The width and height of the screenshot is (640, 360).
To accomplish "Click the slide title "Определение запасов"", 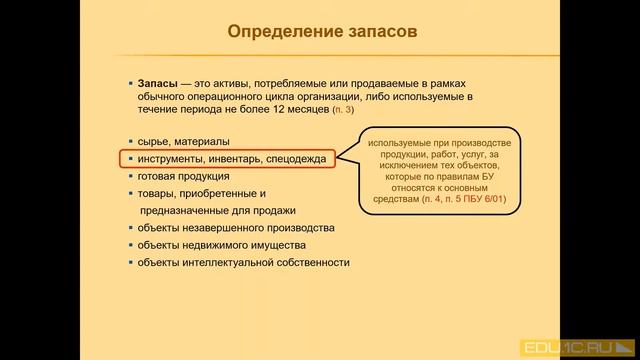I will coord(322,30).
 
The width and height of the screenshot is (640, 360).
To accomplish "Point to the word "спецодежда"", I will coord(295,158).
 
